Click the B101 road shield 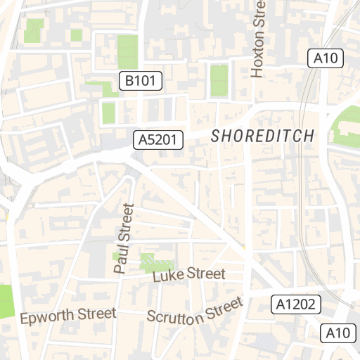140,82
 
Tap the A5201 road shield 158,140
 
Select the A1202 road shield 296,304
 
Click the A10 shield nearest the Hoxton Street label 326,58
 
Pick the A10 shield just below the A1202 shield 338,333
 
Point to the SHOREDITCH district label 263,136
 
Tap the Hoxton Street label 258,39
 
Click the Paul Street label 124,238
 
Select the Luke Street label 189,275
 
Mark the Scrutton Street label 194,310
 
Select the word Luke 167,277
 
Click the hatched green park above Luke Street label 156,262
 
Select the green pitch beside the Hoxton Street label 219,81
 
